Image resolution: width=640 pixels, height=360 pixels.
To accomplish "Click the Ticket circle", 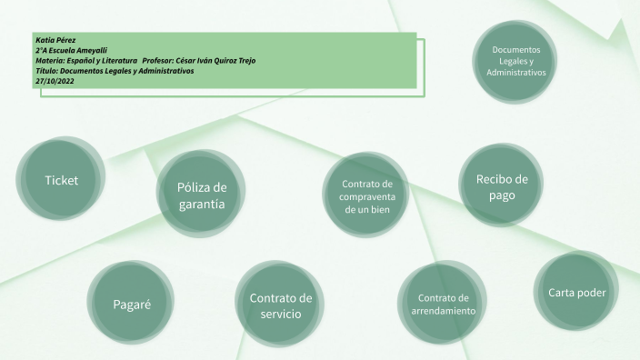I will click(x=62, y=180).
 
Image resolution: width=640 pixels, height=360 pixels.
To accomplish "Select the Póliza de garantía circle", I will click(x=202, y=195).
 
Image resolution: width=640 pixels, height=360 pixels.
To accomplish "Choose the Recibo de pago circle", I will click(x=502, y=186).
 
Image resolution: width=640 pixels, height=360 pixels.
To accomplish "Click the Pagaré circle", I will click(x=132, y=304).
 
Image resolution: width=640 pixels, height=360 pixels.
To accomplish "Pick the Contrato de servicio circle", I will click(x=280, y=305).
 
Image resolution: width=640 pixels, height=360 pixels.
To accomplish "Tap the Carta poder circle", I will click(x=576, y=293).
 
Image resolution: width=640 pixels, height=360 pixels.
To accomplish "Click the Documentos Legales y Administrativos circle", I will click(x=515, y=60).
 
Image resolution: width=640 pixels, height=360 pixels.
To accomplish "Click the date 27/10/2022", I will click(x=55, y=80).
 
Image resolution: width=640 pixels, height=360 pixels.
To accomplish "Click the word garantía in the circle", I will click(x=202, y=205).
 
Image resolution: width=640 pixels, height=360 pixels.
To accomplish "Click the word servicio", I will click(x=280, y=315).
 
